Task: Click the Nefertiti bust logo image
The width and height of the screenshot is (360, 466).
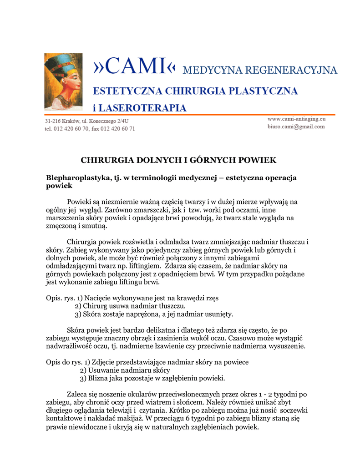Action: [x=63, y=81]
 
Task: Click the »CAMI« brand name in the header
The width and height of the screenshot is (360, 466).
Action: [x=134, y=67]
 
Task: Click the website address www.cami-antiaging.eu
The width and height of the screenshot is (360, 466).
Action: [x=296, y=119]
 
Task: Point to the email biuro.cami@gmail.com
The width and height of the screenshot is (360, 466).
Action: [x=296, y=127]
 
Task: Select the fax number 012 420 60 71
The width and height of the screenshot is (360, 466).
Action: [x=120, y=129]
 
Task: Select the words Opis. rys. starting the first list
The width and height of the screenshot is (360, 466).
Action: [x=60, y=298]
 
